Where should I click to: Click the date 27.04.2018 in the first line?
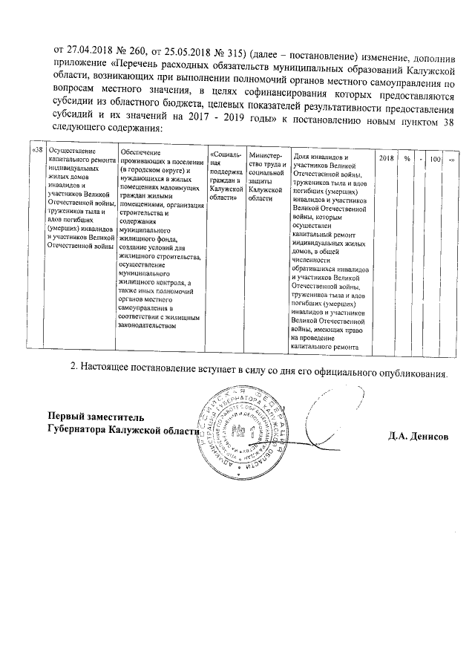[91, 50]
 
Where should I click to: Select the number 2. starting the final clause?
[73, 367]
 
